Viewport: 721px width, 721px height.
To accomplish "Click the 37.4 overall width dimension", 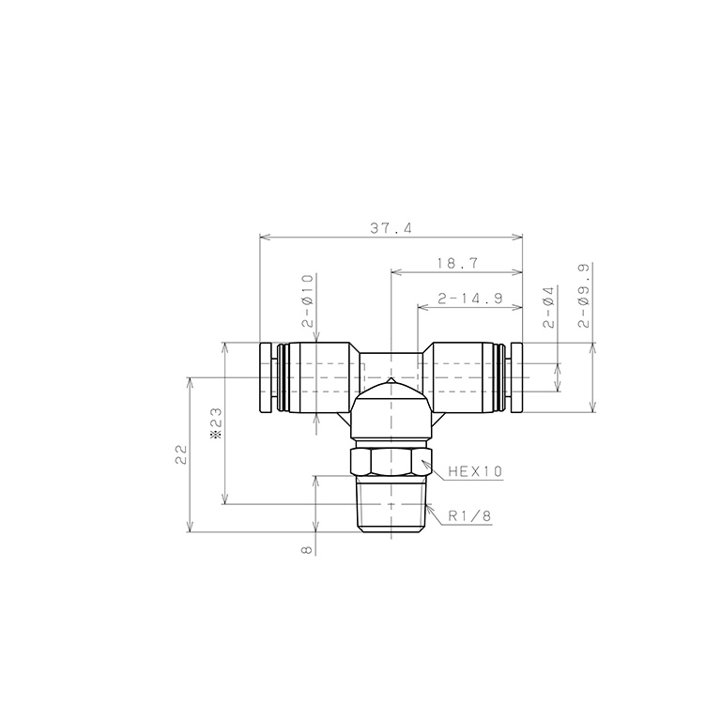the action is click(x=391, y=228).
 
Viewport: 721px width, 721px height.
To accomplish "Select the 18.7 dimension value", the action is click(x=457, y=264).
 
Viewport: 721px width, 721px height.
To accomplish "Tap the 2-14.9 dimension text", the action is click(x=470, y=299).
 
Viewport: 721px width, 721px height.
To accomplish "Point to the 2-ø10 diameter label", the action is click(x=307, y=300).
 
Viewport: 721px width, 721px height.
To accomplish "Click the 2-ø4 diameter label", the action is click(x=549, y=307).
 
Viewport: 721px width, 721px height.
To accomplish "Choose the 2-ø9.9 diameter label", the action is click(x=584, y=295).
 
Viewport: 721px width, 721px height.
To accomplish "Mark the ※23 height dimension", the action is click(x=216, y=423).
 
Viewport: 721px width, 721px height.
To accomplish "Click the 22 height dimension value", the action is click(x=181, y=454).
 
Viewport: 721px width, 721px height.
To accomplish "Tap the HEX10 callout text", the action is click(x=475, y=471).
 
